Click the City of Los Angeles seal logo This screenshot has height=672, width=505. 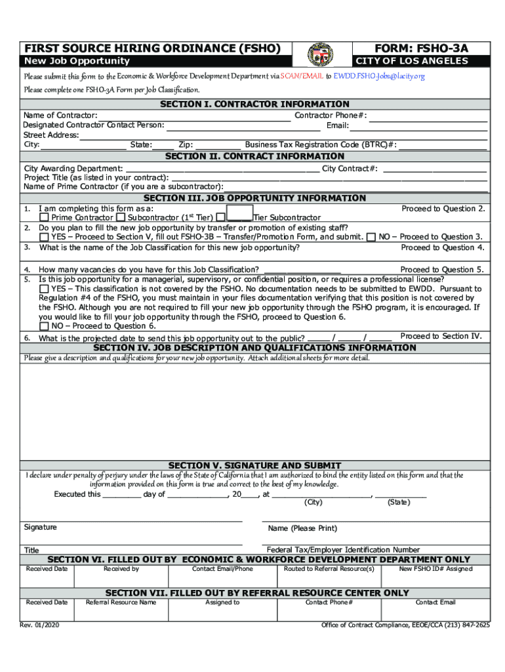point(320,54)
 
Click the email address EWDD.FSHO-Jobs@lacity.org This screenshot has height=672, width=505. point(379,76)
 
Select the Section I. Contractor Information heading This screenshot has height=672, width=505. point(255,104)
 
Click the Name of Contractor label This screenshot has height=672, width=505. point(61,115)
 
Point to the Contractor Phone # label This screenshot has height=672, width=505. point(331,115)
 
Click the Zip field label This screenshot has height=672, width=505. point(186,145)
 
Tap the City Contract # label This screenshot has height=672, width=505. point(350,169)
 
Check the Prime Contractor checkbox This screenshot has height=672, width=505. point(44,217)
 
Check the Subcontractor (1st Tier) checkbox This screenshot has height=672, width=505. point(121,217)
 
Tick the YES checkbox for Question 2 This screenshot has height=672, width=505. point(44,237)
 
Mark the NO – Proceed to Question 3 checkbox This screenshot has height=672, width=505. point(372,237)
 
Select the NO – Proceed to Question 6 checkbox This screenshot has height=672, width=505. point(44,325)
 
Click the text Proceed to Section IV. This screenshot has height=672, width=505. point(441,336)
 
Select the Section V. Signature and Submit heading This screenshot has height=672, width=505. point(255,465)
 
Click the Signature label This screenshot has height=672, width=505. point(41,527)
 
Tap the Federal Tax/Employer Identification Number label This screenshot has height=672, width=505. point(343,549)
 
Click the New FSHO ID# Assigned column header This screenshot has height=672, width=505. point(435,569)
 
